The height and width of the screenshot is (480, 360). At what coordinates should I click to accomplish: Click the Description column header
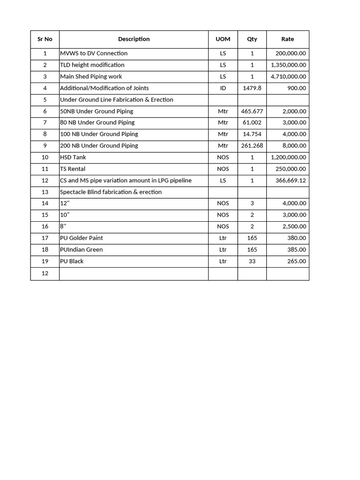pyautogui.click(x=134, y=39)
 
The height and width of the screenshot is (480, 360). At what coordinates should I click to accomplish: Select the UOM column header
pyautogui.click(x=223, y=39)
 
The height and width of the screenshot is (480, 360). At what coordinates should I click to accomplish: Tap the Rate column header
pyautogui.click(x=287, y=39)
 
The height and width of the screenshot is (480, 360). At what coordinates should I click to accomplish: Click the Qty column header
pyautogui.click(x=252, y=39)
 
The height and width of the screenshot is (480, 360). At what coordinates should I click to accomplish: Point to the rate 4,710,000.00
pyautogui.click(x=288, y=76)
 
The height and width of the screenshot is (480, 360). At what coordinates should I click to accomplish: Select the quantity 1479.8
pyautogui.click(x=252, y=88)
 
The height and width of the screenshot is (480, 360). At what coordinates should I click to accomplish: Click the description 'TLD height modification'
pyautogui.click(x=92, y=65)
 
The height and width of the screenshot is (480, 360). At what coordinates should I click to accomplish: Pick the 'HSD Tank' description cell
pyautogui.click(x=73, y=157)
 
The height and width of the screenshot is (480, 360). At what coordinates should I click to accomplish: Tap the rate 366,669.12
pyautogui.click(x=291, y=180)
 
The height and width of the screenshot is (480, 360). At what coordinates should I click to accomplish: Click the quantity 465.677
pyautogui.click(x=252, y=112)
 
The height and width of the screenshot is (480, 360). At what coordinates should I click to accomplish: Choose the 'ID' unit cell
pyautogui.click(x=223, y=88)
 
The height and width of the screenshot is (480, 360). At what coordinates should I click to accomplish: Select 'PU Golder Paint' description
pyautogui.click(x=82, y=238)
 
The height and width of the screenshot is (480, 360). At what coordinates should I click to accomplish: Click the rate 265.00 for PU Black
pyautogui.click(x=296, y=261)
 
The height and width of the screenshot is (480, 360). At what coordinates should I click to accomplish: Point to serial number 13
pyautogui.click(x=45, y=192)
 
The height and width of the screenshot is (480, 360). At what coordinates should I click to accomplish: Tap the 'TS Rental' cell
pyautogui.click(x=73, y=169)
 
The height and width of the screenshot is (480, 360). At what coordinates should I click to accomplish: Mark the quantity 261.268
pyautogui.click(x=252, y=146)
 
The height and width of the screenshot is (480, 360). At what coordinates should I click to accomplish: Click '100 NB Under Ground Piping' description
pyautogui.click(x=99, y=134)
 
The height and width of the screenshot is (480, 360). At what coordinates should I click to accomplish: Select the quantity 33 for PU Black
pyautogui.click(x=252, y=261)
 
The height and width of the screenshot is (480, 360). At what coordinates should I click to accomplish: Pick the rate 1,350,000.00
pyautogui.click(x=288, y=65)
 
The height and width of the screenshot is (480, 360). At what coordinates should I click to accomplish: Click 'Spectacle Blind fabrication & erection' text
pyautogui.click(x=111, y=192)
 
